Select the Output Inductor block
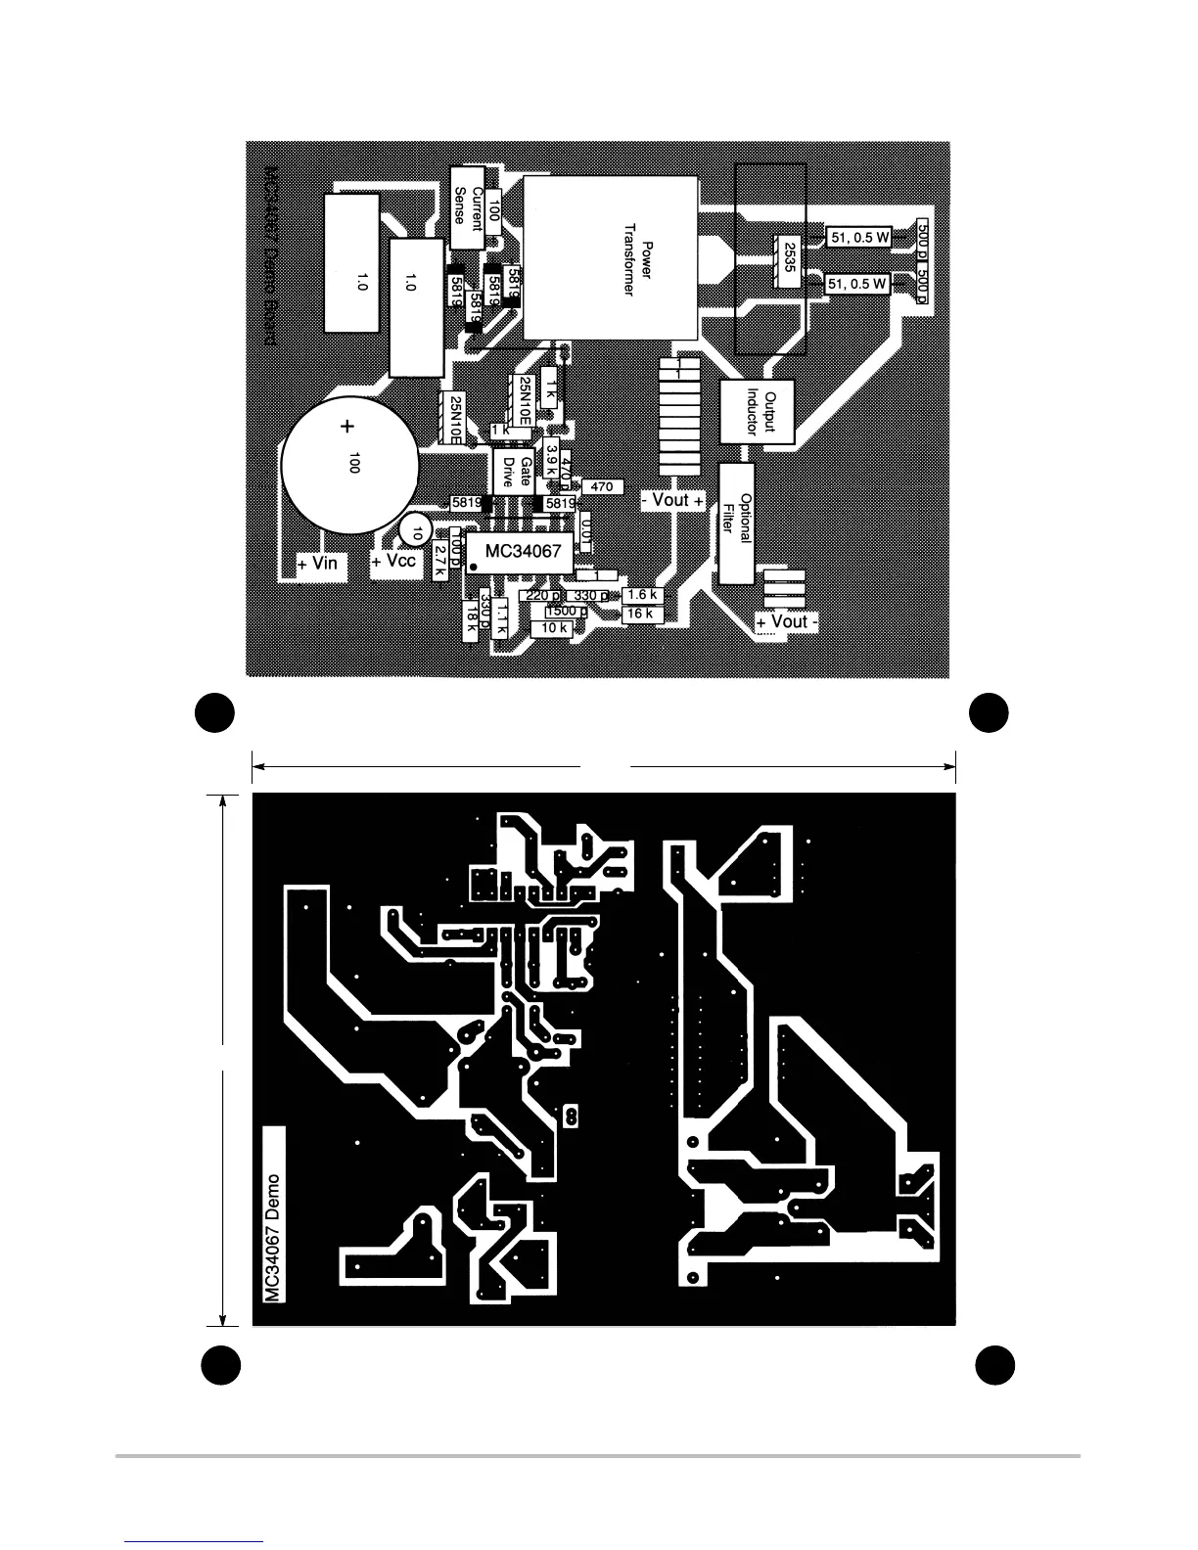[x=756, y=411]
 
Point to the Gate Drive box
[x=516, y=474]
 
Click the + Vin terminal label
[x=318, y=564]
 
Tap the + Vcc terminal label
[x=395, y=562]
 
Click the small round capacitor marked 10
[x=416, y=533]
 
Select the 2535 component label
[x=788, y=261]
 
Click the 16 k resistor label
[x=640, y=614]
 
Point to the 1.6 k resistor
[x=642, y=595]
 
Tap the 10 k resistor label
[x=555, y=628]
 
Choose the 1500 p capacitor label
[x=565, y=612]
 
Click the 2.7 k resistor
[x=439, y=561]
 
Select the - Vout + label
[x=672, y=501]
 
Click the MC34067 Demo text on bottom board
[x=274, y=1237]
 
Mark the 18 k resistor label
[x=471, y=618]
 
